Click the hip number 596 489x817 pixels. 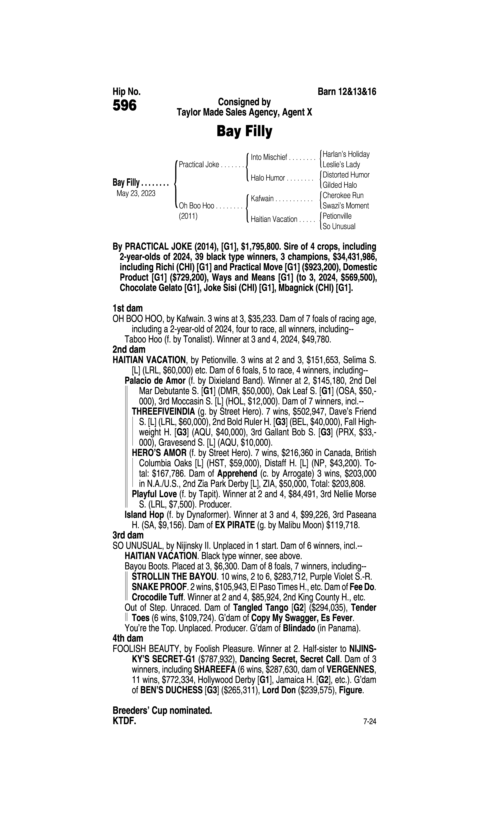125,106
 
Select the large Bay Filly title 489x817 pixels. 244,131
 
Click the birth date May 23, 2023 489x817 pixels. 136,193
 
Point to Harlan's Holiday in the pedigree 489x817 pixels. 346,154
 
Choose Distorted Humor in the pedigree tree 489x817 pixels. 346,175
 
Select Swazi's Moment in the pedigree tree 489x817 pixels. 346,206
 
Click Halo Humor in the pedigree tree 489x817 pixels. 268,178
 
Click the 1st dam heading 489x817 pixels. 128,308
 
